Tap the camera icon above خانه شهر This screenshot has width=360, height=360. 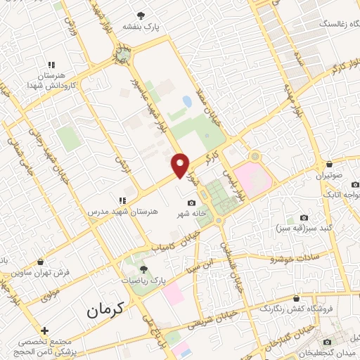[x=191, y=203]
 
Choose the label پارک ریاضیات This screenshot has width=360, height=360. [x=146, y=279]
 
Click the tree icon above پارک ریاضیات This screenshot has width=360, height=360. [x=144, y=268]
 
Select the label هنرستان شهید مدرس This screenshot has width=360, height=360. [x=124, y=210]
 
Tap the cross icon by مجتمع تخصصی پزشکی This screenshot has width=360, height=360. [x=44, y=330]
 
